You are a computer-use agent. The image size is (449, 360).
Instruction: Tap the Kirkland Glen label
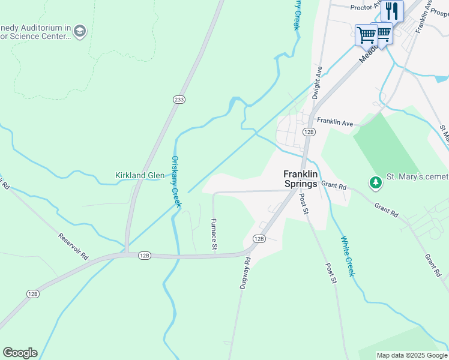(140, 175)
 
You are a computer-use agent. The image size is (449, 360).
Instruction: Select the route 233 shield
(178, 100)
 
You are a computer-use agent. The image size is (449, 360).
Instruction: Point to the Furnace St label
(213, 234)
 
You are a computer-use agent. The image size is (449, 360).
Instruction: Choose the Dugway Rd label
(244, 274)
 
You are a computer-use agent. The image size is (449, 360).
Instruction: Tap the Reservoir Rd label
(74, 246)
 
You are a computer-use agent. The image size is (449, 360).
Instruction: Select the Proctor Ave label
(366, 7)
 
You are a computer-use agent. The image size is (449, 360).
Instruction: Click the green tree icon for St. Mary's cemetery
(376, 181)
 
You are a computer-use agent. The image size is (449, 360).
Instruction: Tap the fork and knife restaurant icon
(392, 10)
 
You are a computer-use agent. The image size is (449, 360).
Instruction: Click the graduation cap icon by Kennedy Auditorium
(80, 31)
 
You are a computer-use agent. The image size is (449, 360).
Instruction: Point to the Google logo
(20, 353)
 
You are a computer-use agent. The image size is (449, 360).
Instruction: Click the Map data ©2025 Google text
(412, 355)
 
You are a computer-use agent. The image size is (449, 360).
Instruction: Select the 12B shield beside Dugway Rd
(259, 238)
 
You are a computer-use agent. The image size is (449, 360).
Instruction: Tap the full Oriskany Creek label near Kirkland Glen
(176, 182)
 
